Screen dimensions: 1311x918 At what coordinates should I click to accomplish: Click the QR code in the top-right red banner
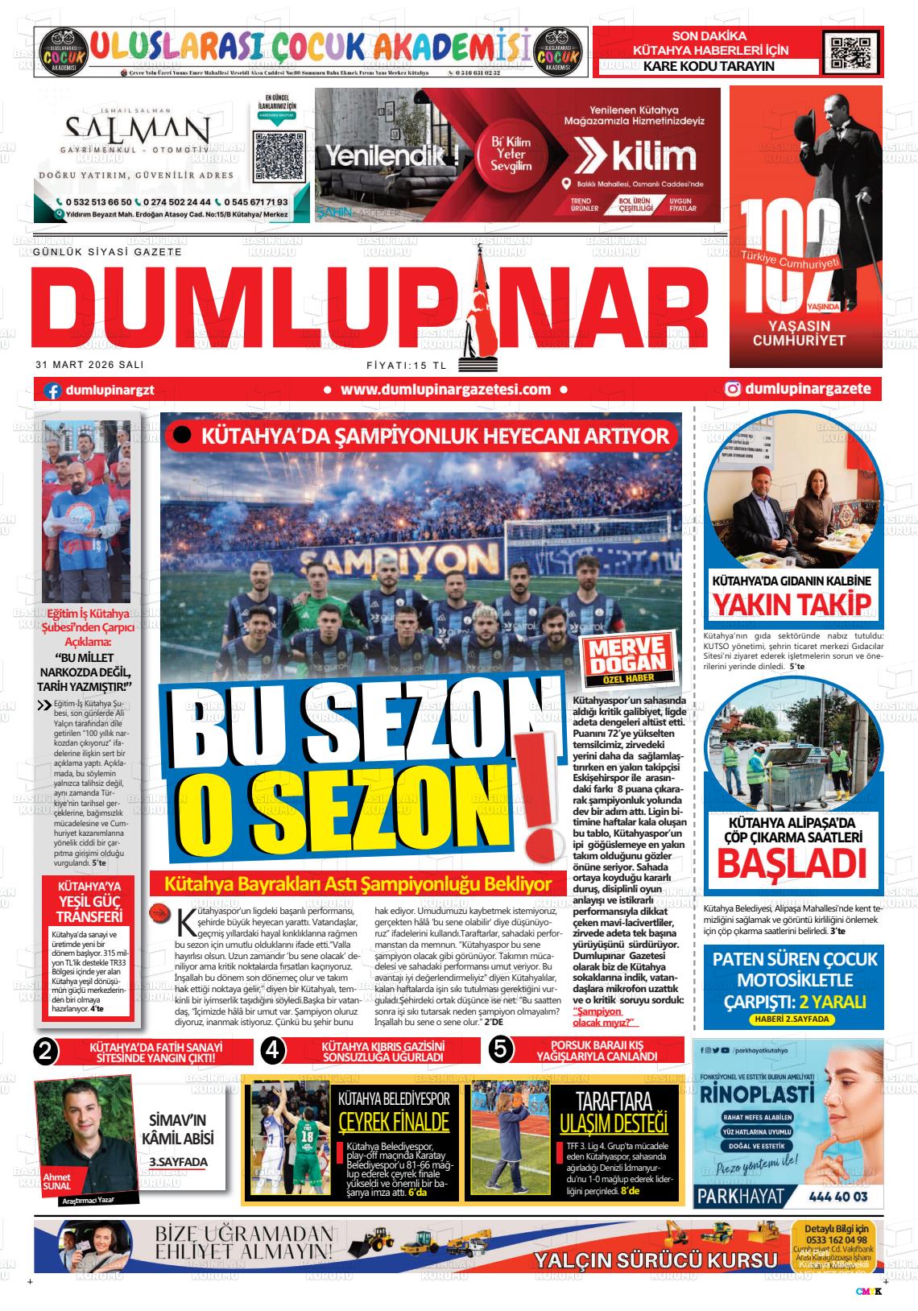click(848, 52)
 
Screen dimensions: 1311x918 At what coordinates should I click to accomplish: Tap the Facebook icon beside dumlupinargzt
click(53, 391)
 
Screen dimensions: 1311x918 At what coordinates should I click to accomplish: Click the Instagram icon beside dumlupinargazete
click(733, 390)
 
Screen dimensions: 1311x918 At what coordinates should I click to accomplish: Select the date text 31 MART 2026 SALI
click(89, 364)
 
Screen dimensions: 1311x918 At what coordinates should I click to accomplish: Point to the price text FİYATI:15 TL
click(406, 364)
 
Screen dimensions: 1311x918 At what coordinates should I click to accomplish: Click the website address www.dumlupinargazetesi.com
click(445, 390)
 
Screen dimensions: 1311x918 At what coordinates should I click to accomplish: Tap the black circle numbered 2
click(47, 1050)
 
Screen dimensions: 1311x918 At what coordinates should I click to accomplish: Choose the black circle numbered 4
click(274, 1050)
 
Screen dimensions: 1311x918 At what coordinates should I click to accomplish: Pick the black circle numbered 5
click(500, 1050)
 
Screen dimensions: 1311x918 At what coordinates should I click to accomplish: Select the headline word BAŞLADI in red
click(792, 864)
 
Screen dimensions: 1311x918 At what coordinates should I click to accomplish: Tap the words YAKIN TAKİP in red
click(793, 605)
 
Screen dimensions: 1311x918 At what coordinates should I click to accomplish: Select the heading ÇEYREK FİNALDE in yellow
click(393, 1122)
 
